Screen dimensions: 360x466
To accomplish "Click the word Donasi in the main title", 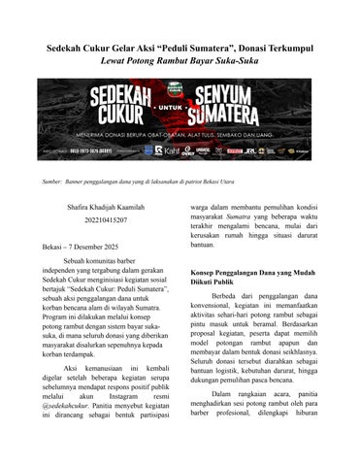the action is [x=238, y=48].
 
